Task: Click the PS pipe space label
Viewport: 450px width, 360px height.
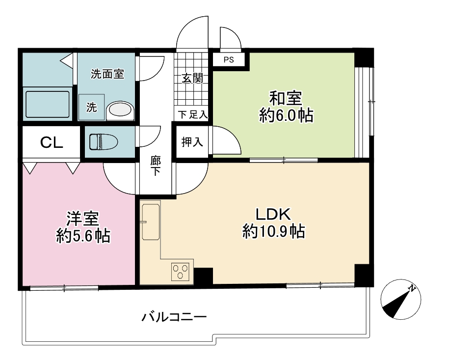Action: (x=229, y=60)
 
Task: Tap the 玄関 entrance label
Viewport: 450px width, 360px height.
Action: (x=192, y=78)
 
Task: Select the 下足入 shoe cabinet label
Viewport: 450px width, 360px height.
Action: (x=192, y=114)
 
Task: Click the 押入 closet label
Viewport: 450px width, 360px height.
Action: (x=192, y=141)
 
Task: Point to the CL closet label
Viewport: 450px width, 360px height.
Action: (x=52, y=142)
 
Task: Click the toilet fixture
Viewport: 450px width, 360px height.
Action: (x=104, y=141)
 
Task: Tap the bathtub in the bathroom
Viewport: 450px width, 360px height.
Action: (x=48, y=104)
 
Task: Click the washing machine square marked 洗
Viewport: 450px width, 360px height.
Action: (x=92, y=107)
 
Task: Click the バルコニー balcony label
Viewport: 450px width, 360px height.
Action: (x=174, y=317)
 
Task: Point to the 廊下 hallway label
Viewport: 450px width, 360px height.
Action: (x=156, y=166)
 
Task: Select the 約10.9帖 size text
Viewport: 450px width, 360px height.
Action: (x=273, y=231)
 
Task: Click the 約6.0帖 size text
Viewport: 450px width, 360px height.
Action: (x=286, y=115)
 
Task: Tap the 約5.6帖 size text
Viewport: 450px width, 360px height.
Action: (x=83, y=236)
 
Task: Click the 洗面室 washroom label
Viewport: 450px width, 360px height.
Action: (x=107, y=74)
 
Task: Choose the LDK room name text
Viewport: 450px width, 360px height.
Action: (x=273, y=214)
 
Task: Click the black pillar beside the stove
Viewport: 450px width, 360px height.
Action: (x=204, y=276)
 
